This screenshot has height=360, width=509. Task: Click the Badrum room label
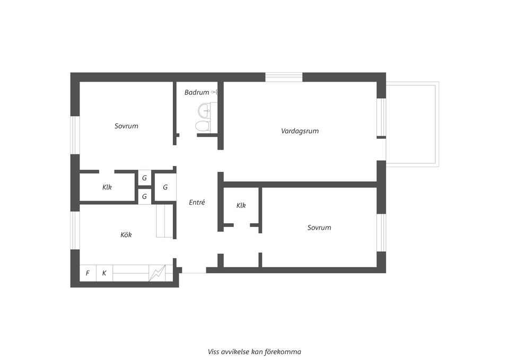(197, 92)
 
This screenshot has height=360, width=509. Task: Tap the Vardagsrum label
(300, 131)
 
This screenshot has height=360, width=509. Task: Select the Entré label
(197, 202)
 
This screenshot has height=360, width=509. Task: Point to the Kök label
(126, 235)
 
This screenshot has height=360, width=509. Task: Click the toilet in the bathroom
(203, 126)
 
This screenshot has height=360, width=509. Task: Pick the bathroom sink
(205, 110)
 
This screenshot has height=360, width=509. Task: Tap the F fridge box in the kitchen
(88, 274)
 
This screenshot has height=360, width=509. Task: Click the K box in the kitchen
(104, 274)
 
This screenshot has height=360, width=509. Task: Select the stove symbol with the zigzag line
(157, 274)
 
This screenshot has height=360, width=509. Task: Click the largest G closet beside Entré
(165, 187)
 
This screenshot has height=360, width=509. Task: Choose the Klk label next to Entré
(241, 206)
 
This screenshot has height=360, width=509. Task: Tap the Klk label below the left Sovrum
(107, 187)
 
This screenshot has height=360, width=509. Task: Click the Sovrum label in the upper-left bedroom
(126, 126)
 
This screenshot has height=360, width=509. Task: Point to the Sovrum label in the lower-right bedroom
(319, 227)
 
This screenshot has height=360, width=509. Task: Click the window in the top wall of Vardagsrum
(284, 77)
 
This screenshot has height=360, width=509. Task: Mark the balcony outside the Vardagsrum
(413, 124)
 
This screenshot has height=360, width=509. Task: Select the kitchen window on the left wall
(75, 231)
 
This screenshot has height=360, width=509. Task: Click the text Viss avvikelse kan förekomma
(254, 352)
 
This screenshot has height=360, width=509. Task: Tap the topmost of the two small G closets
(144, 178)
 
